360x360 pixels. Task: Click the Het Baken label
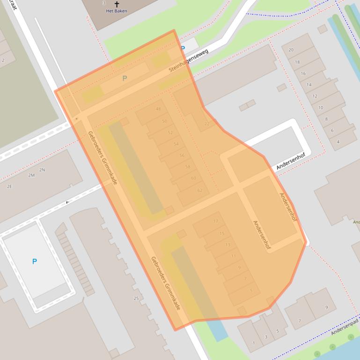click(x=117, y=11)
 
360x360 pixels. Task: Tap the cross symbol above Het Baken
click(x=117, y=4)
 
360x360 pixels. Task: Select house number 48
click(x=158, y=109)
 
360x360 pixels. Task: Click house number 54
click(x=176, y=144)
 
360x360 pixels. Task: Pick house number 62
click(x=200, y=190)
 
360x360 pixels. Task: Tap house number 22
click(x=207, y=124)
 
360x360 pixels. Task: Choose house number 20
click(x=291, y=50)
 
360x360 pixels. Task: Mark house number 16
click(x=303, y=73)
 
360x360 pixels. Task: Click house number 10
click(x=321, y=108)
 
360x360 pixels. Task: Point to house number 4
click(x=338, y=142)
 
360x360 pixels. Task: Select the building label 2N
click(x=42, y=170)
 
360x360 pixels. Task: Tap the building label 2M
click(x=31, y=175)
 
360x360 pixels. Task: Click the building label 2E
click(x=9, y=186)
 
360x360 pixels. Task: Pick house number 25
click(x=136, y=298)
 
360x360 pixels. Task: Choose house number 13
click(x=228, y=245)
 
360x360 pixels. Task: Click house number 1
click(x=254, y=343)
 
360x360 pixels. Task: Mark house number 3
click(x=266, y=337)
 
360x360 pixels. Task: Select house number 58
click(x=188, y=166)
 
